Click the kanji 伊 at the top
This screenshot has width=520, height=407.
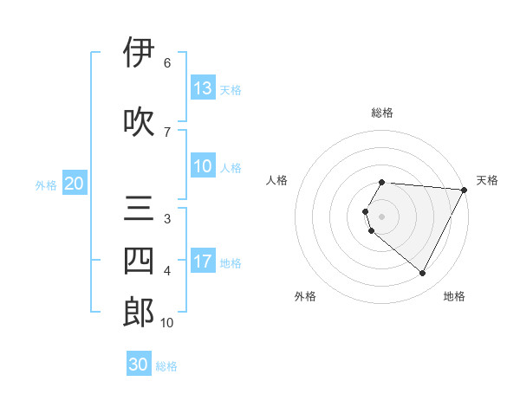point(139,53)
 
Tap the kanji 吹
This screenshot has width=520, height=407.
point(139,121)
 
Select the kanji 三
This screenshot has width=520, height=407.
point(139,210)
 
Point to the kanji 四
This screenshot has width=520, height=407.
point(139,261)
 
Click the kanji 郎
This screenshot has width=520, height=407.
point(139,312)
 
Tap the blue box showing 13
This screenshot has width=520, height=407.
point(203,87)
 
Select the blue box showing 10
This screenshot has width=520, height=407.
point(203,167)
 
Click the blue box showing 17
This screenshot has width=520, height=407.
point(203,262)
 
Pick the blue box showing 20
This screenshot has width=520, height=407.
point(74,184)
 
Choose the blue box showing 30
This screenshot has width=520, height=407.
point(139,365)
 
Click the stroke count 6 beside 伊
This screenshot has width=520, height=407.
point(166,63)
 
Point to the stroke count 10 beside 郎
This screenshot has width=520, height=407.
point(166,323)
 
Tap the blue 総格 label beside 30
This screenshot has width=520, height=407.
point(166,366)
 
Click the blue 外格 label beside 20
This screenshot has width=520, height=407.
point(45,184)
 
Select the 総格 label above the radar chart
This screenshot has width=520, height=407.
point(382,113)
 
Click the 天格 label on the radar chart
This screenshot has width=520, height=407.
point(487,180)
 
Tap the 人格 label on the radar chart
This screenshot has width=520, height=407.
point(276,180)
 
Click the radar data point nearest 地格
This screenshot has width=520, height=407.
point(423,274)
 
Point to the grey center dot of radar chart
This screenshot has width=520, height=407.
point(382,216)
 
